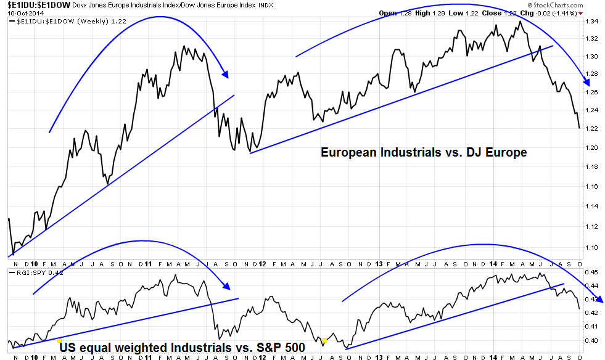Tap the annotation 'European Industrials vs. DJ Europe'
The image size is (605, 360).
pos(424,152)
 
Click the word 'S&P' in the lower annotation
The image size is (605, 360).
pos(260,348)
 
